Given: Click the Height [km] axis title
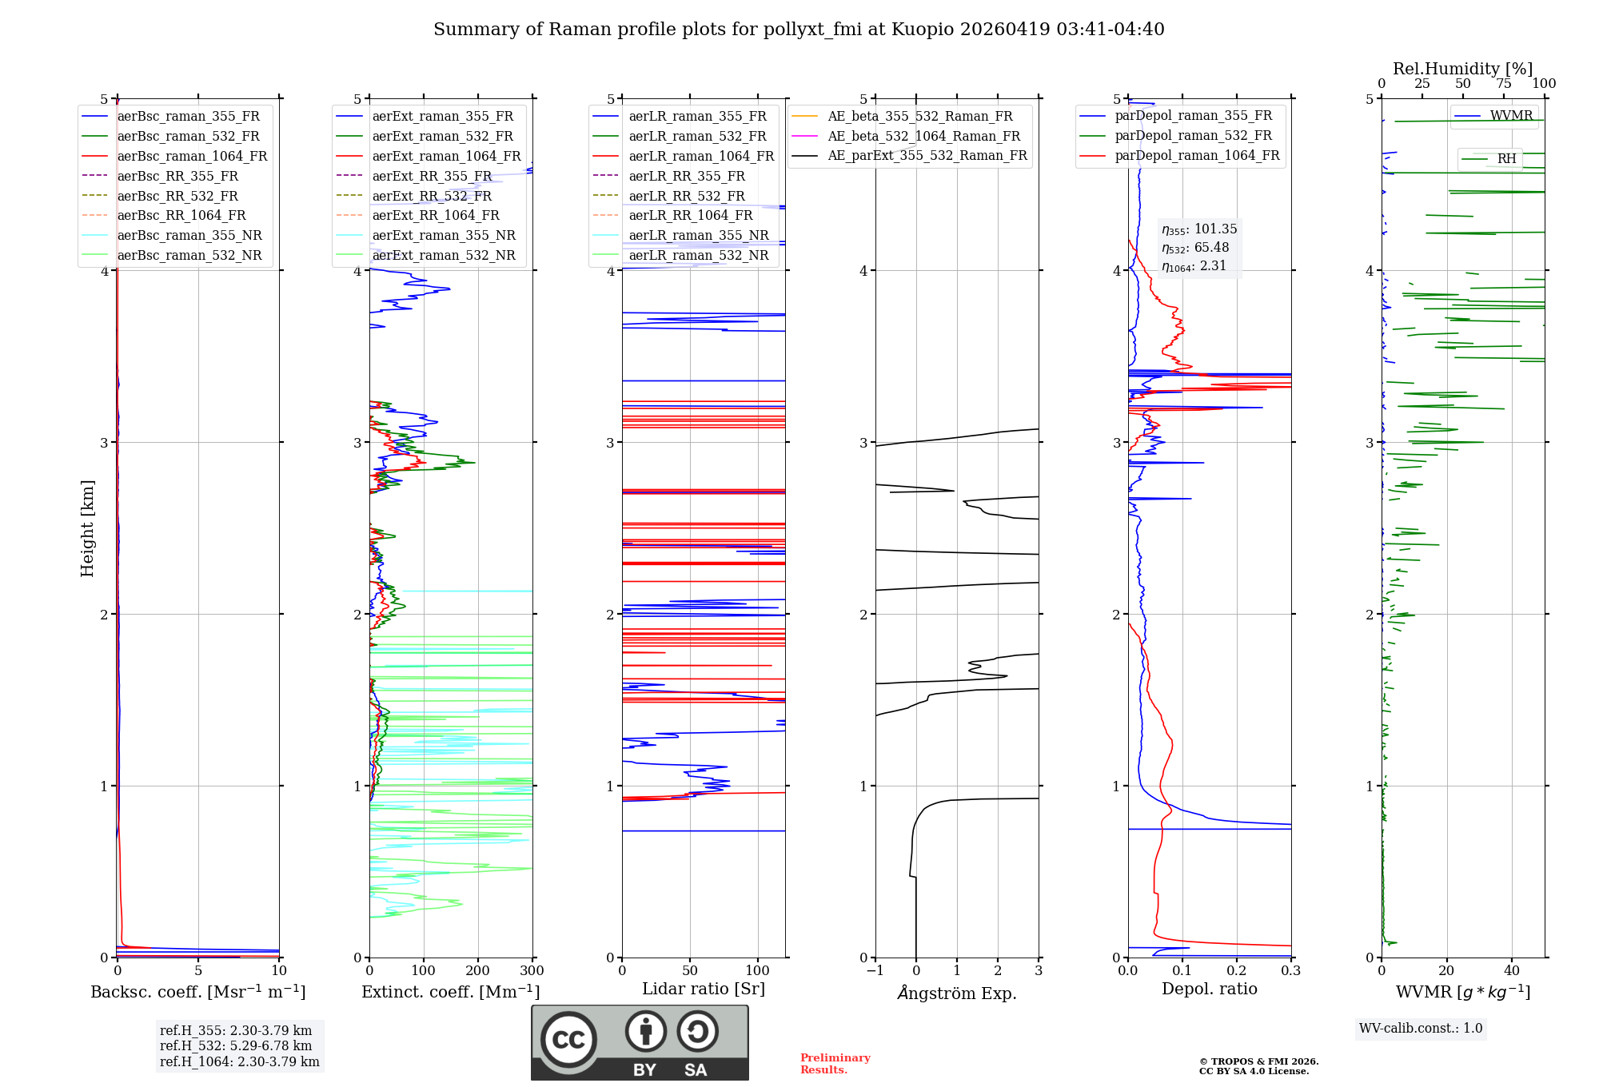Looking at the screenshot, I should (x=87, y=528).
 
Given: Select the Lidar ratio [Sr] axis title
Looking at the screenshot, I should (x=704, y=989).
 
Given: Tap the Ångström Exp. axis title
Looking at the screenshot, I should (x=957, y=993).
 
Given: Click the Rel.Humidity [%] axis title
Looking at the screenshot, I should (x=1462, y=69).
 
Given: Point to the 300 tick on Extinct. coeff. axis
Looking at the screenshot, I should (x=532, y=971).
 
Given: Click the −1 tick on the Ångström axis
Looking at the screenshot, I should (x=875, y=971).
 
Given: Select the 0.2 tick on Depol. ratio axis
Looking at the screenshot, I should (x=1237, y=971).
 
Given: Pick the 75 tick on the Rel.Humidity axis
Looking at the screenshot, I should (x=1504, y=84).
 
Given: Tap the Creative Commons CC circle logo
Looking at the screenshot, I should (x=568, y=1040).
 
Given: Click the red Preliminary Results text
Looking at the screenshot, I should (x=835, y=1064).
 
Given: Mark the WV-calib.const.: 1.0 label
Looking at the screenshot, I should (x=1421, y=1029).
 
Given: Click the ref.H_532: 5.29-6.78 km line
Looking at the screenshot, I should (x=236, y=1046).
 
